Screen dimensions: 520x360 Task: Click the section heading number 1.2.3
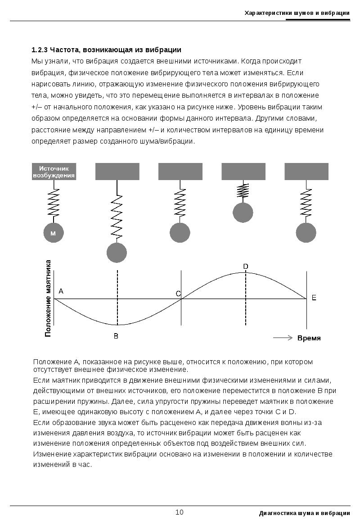pyautogui.click(x=40, y=50)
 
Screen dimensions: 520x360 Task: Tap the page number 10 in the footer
pyautogui.click(x=180, y=512)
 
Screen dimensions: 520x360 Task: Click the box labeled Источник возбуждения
pyautogui.click(x=54, y=172)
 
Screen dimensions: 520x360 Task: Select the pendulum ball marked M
pyautogui.click(x=53, y=233)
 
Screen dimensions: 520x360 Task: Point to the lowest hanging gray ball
pyautogui.click(x=117, y=252)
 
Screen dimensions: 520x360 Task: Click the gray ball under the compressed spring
pyautogui.click(x=243, y=212)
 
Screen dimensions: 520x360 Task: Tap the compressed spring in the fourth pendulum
pyautogui.click(x=243, y=191)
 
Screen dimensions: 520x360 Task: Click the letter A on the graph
pyautogui.click(x=61, y=291)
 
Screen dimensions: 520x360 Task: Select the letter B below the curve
pyautogui.click(x=116, y=336)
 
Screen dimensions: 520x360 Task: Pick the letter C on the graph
pyautogui.click(x=178, y=294)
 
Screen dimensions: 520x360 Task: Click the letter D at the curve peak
pyautogui.click(x=246, y=267)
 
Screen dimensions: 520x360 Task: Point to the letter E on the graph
pyautogui.click(x=314, y=298)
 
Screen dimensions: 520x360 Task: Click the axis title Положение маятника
pyautogui.click(x=48, y=298)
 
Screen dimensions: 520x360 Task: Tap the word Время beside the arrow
pyautogui.click(x=309, y=338)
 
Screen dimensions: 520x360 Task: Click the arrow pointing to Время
pyautogui.click(x=283, y=338)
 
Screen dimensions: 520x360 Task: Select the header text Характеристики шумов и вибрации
pyautogui.click(x=297, y=13)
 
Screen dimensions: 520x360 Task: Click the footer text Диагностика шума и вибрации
pyautogui.click(x=305, y=513)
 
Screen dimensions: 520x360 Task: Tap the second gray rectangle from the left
pyautogui.click(x=117, y=172)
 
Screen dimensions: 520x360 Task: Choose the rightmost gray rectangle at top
pyautogui.click(x=306, y=172)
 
